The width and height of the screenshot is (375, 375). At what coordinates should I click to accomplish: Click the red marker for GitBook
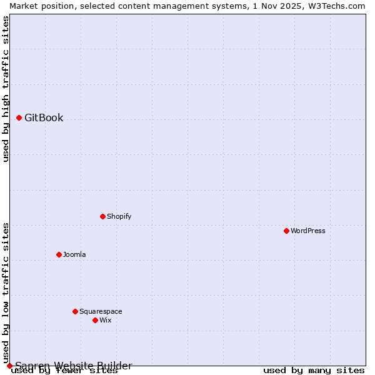point(19,117)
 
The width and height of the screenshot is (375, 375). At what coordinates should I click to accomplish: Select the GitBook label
point(44,117)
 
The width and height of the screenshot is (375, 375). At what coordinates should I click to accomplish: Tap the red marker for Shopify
point(102,216)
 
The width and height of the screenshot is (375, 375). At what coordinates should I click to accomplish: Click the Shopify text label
point(119,216)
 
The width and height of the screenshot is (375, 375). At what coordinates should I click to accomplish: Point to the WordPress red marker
point(286,231)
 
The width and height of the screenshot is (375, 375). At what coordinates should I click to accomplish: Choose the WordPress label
point(307,231)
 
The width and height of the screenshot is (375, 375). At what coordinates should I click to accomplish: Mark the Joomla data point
point(59,254)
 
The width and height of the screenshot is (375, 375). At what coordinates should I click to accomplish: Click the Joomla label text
point(74,254)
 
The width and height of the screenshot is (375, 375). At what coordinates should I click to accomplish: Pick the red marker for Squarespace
point(75,311)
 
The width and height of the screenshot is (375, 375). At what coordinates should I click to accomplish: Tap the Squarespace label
point(101,311)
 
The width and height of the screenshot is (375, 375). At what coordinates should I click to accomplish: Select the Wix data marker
point(95,320)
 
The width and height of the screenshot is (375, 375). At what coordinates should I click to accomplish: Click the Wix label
point(105,320)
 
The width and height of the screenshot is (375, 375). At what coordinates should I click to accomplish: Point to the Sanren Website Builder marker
point(9,366)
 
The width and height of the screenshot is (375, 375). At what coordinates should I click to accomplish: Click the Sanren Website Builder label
point(74,366)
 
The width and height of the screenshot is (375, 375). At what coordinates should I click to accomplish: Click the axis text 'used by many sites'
point(314,370)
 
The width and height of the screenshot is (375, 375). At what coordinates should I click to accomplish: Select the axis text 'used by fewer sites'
point(64,371)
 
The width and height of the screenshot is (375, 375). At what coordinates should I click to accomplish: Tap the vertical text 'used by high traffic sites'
point(6,89)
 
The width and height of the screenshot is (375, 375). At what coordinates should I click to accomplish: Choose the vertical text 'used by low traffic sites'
point(6,292)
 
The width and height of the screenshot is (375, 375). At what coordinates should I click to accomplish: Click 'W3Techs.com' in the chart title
point(337,6)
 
